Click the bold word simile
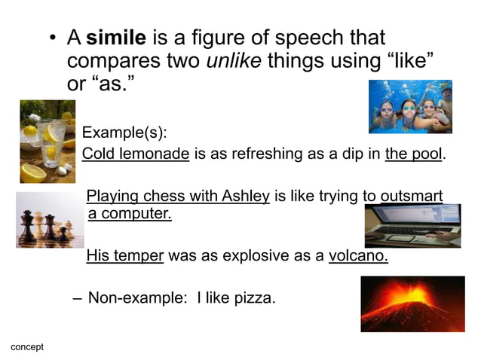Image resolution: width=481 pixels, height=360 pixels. [113, 38]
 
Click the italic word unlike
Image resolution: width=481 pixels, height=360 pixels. [233, 60]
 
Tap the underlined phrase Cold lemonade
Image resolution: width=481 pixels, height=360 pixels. [136, 155]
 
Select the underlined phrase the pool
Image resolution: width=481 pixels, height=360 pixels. [415, 155]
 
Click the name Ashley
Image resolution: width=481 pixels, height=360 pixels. [245, 197]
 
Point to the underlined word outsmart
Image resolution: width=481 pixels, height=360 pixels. [411, 197]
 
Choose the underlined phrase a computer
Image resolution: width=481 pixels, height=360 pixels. [130, 214]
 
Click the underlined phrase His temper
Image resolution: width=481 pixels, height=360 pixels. [125, 256]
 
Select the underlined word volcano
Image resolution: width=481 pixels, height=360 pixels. [358, 256]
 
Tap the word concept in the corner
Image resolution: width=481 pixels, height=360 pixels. [27, 347]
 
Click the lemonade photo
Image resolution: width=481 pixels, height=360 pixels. [47, 142]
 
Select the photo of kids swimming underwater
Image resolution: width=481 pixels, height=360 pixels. [410, 107]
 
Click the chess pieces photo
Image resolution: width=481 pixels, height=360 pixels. [50, 219]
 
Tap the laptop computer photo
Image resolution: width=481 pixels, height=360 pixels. [412, 226]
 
